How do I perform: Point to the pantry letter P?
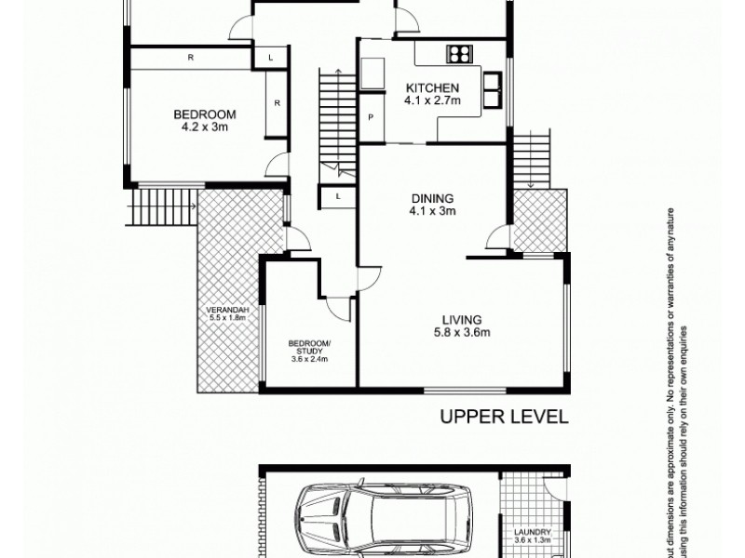tap(371, 117)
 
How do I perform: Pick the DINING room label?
tap(433, 198)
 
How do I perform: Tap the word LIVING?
tap(462, 319)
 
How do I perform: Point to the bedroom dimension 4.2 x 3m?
tap(205, 127)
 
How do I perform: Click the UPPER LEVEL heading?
tap(503, 418)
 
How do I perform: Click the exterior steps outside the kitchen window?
tap(532, 158)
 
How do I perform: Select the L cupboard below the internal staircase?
tap(336, 197)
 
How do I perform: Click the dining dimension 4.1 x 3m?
tap(433, 212)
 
